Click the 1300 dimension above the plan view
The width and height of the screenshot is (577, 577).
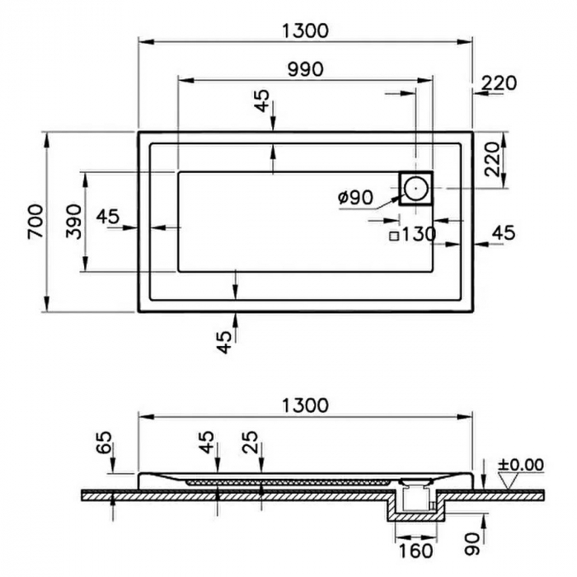(305, 30)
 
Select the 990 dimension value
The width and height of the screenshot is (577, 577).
(305, 69)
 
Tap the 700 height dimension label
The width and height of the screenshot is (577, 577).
(35, 221)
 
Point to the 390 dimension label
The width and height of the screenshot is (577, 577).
(74, 221)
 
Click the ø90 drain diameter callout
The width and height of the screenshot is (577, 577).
(355, 198)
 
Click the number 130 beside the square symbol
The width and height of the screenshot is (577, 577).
(420, 234)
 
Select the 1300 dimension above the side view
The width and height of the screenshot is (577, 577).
(305, 406)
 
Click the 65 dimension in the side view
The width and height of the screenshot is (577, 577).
(104, 449)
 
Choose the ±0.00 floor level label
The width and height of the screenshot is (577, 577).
(520, 465)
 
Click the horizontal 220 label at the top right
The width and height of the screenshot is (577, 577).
(499, 83)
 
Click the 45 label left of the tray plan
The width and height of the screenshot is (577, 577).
(108, 217)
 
